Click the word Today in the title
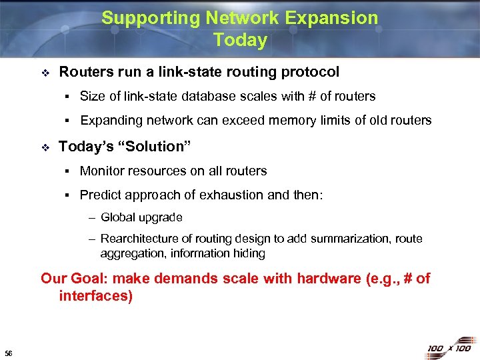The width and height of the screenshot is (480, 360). click(240, 40)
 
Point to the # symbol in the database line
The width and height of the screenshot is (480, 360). click(311, 97)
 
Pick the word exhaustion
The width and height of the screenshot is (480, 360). click(250, 195)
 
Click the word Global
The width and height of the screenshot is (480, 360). click(117, 218)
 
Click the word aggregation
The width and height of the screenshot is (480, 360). click(132, 253)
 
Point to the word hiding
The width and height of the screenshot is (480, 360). click(249, 253)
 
